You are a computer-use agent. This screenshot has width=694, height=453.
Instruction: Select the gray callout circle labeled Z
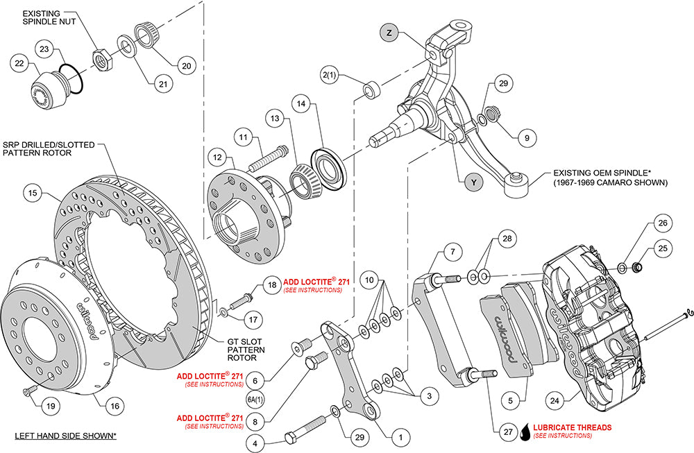(x=389, y=33)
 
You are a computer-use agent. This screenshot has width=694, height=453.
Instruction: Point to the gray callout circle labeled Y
(x=473, y=182)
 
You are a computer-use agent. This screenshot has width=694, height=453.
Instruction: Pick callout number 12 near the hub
(x=217, y=157)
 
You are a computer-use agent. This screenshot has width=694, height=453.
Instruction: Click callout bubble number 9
(x=527, y=137)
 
